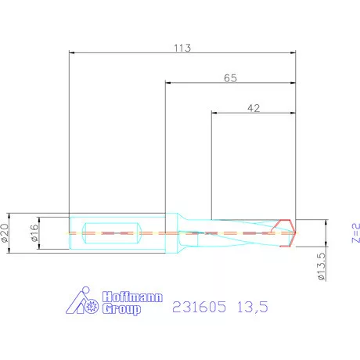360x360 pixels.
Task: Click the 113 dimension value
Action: [x=182, y=47]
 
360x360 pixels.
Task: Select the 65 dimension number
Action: [x=230, y=77]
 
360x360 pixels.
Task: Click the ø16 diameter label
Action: [x=34, y=232]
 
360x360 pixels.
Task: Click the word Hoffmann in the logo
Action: [x=128, y=297]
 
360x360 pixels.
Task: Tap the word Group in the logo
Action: [x=123, y=310]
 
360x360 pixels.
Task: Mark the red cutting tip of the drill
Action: [x=289, y=232]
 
